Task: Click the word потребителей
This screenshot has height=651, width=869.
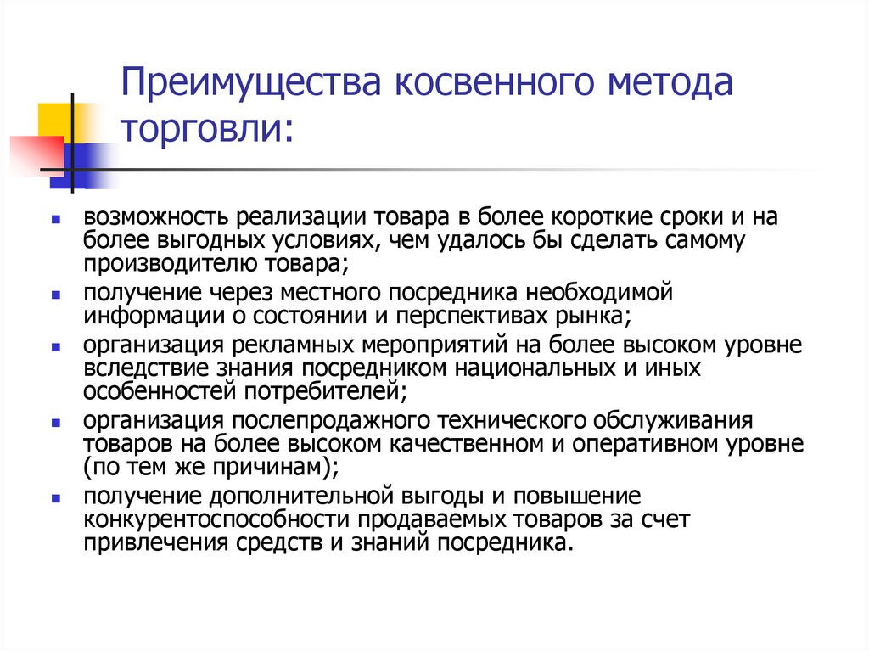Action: click(331, 391)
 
